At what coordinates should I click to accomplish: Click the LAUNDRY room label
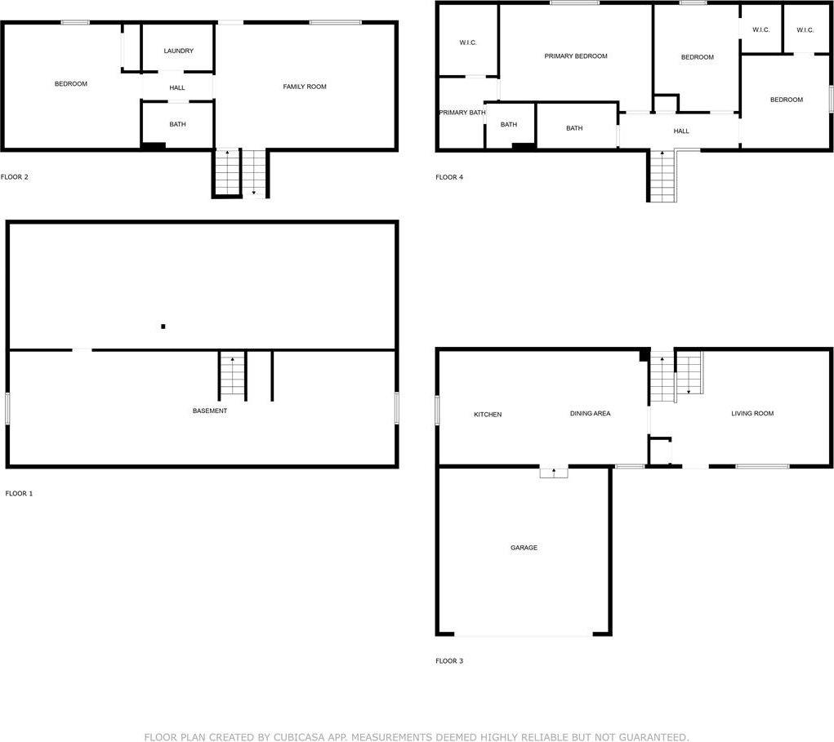point(178,51)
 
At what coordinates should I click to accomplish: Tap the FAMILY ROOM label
point(305,87)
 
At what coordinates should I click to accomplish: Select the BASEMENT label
point(210,411)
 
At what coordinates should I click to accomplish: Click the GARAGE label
point(524,548)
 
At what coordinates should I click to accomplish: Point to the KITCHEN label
point(488,415)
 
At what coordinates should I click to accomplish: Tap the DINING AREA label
point(590,414)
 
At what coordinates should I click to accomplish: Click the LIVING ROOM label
point(751,414)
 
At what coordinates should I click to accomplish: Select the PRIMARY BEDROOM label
point(576,56)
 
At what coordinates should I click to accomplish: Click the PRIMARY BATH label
point(462,113)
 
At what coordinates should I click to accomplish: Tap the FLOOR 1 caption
point(19,494)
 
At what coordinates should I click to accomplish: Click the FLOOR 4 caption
point(449,177)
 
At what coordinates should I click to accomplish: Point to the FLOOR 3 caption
point(449,661)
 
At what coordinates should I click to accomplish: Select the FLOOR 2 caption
point(15,177)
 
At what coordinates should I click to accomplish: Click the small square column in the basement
point(163,327)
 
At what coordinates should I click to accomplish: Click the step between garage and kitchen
point(553,471)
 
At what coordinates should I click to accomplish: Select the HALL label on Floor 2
point(177,88)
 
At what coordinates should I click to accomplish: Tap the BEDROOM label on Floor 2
point(71,84)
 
